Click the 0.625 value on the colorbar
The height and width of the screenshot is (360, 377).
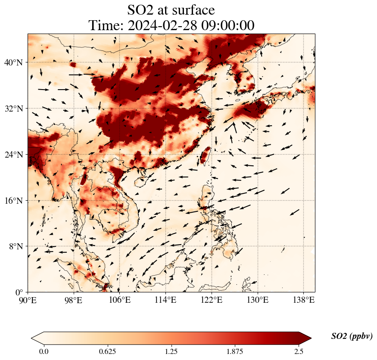point(107,351)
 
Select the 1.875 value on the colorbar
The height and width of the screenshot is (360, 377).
point(235,351)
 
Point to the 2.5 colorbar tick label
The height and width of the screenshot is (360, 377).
point(299,351)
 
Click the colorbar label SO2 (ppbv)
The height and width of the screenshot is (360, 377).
point(352,336)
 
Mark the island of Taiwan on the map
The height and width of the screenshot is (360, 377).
point(205,155)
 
